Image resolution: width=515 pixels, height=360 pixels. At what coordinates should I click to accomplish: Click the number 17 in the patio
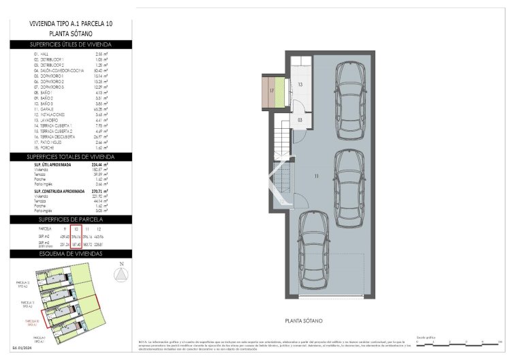[x=271, y=90]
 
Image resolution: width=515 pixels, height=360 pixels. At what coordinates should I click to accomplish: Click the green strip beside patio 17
[x=279, y=91]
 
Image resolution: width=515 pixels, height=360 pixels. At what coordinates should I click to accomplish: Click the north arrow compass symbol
[x=120, y=273]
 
